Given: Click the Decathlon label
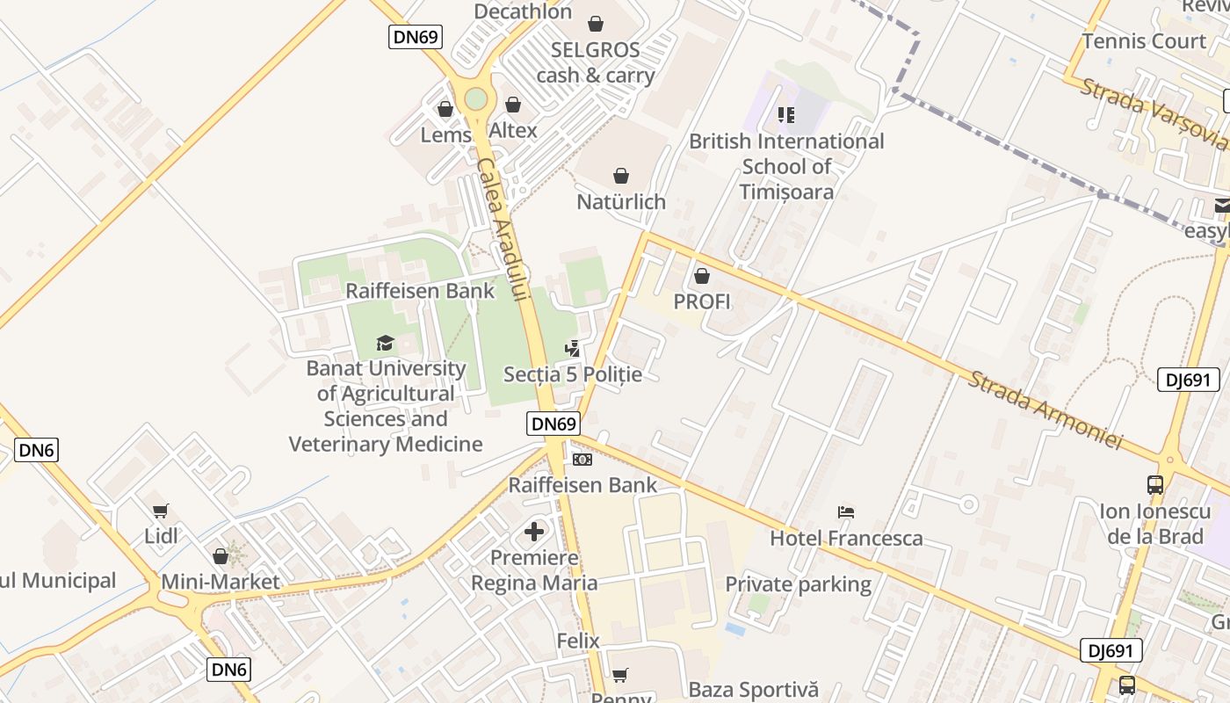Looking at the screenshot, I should coord(523,11).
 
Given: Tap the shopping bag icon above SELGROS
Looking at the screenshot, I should coord(596,23).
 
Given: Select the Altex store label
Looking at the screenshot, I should coord(513,131).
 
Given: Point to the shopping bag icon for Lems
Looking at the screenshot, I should coord(445,109).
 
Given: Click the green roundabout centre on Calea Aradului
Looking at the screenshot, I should coord(475,98).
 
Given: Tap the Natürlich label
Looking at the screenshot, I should coord(621,201).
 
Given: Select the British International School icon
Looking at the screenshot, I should coord(785,114).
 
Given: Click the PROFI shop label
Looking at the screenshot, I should coord(702,301).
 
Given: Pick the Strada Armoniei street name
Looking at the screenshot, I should coord(1045,409).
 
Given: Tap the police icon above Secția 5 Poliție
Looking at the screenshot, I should coord(572,349).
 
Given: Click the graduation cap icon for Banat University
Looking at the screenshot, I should coord(385,343).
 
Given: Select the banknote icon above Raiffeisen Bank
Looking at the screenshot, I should coord(582,460).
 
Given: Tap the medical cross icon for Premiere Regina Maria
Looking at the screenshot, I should coord(534,532).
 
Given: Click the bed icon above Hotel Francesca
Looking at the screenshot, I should coord(846,512).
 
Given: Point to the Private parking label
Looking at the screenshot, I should coord(798,584).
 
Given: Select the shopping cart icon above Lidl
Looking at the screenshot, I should coord(160,511).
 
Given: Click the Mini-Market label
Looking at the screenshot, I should coord(220,581).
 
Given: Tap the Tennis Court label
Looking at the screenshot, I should coord(1144,41).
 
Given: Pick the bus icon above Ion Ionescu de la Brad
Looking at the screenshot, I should coord(1154,484).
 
